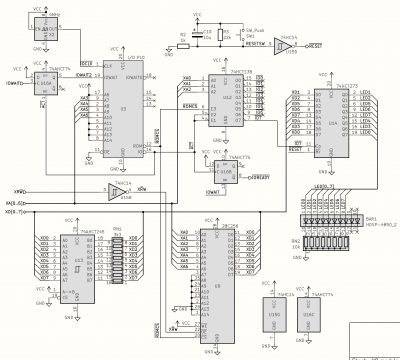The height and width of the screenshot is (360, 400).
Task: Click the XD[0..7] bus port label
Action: tap(13, 212)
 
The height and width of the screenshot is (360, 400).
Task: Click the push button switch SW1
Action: tap(251, 37)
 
